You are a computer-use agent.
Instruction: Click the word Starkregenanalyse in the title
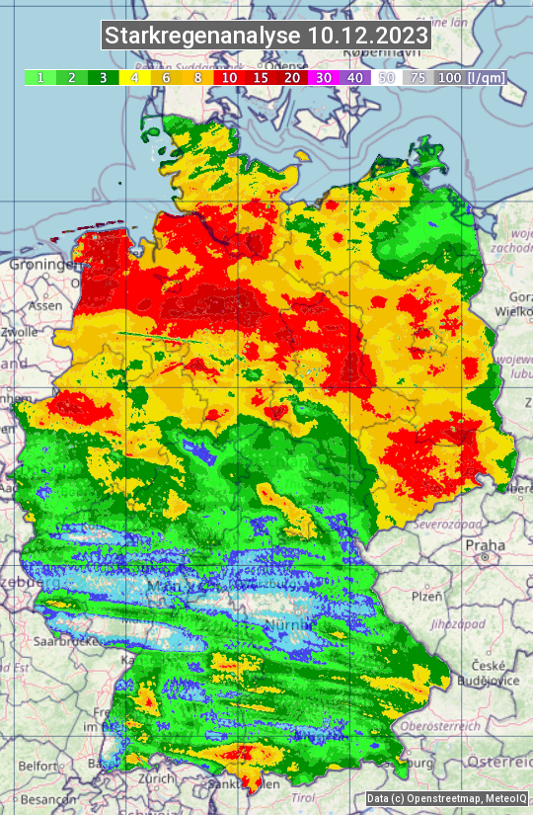click(x=202, y=37)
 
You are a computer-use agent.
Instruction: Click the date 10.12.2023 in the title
click(x=368, y=37)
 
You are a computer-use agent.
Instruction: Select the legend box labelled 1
click(x=38, y=77)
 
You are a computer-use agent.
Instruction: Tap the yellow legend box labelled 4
click(x=133, y=77)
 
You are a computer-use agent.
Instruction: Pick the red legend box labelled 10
click(x=228, y=77)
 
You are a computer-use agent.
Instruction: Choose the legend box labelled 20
click(x=292, y=77)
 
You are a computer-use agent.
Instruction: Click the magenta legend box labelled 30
click(x=324, y=77)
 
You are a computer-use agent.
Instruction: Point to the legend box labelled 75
click(x=419, y=77)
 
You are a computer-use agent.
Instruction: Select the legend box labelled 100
click(x=450, y=77)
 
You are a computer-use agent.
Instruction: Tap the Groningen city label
click(x=41, y=266)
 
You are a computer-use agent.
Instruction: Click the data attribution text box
click(x=446, y=799)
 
